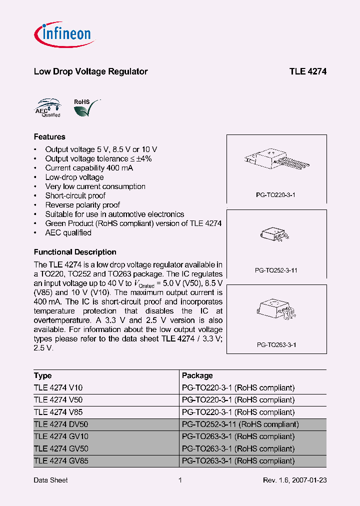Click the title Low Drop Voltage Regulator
(x=90, y=71)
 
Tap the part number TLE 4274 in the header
(x=307, y=71)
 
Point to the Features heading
(x=49, y=136)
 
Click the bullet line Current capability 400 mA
(x=89, y=168)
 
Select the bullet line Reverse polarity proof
(x=82, y=205)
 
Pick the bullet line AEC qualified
(x=68, y=232)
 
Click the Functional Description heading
(x=75, y=252)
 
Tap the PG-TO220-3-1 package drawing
(x=276, y=161)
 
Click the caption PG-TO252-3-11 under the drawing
(x=276, y=270)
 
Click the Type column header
(x=43, y=375)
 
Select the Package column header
(x=197, y=375)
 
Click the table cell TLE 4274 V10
(x=58, y=387)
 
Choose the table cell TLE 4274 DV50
(x=61, y=424)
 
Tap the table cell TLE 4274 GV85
(x=61, y=460)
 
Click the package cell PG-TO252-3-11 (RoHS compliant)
(x=240, y=424)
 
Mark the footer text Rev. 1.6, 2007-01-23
(x=294, y=480)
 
